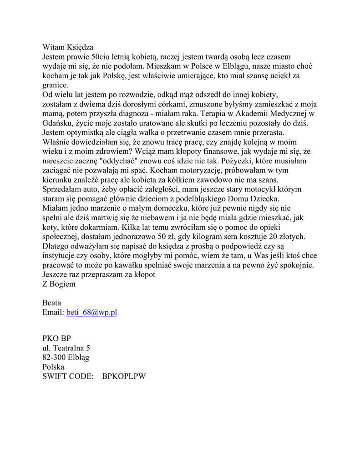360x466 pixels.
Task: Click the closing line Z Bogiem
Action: coord(59,284)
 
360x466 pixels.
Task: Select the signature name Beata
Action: coord(52,303)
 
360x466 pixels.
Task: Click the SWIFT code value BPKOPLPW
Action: coord(124,376)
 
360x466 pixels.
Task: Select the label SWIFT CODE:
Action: coord(68,376)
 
